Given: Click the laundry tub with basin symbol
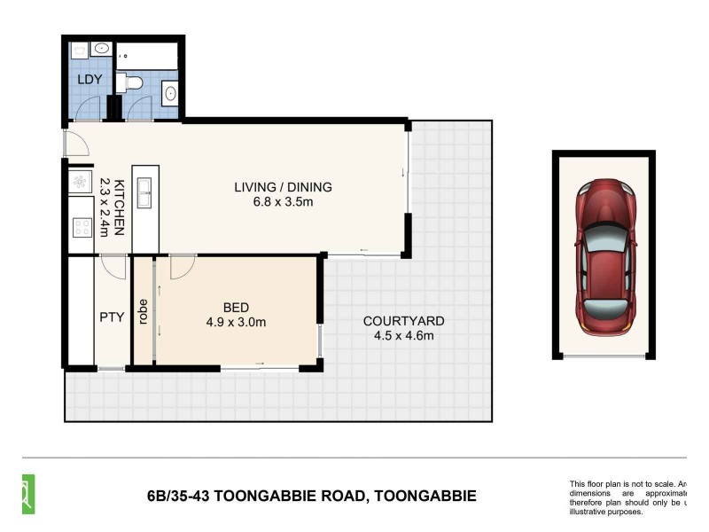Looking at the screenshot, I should pos(101,49).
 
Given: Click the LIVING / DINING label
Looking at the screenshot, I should pos(282,187).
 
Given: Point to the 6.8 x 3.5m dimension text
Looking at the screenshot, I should pos(282,202).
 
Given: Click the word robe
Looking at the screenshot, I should pos(143,310).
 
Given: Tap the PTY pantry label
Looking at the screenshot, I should pos(111,316).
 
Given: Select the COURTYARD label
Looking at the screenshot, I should pos(403,321).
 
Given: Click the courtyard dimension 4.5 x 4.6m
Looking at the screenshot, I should pos(403,336).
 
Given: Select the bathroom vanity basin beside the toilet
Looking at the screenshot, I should pos(169,90).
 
